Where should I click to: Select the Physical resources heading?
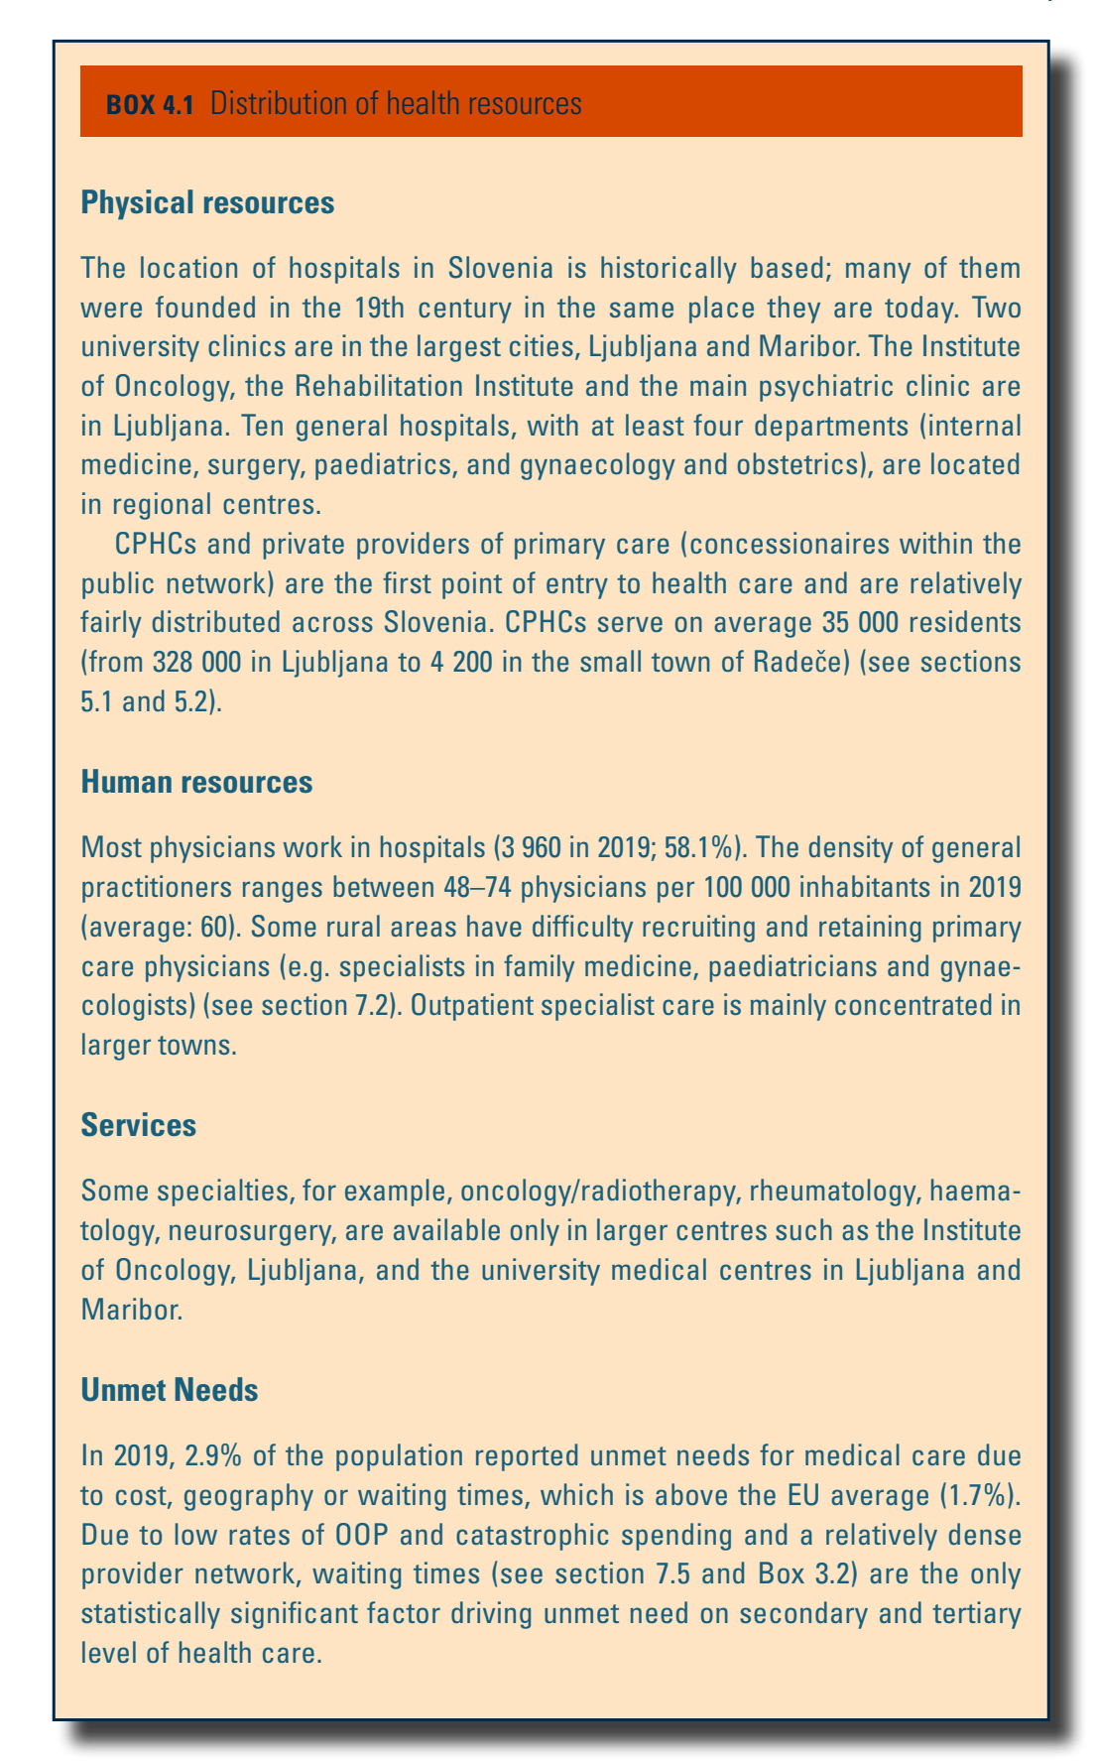(207, 202)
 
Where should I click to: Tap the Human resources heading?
(196, 782)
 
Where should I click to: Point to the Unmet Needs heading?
(170, 1390)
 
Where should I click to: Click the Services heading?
(139, 1125)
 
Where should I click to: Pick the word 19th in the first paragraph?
(379, 308)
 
